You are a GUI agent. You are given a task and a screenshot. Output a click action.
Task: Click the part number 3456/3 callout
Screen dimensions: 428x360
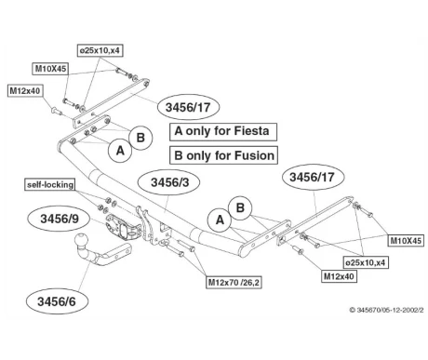pos(169,182)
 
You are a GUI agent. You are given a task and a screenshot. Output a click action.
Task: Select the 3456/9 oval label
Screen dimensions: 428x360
pos(59,219)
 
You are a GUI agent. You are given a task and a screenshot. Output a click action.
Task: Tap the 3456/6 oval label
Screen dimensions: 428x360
pos(57,301)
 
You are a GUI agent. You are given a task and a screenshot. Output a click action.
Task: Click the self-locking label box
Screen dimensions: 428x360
pos(50,185)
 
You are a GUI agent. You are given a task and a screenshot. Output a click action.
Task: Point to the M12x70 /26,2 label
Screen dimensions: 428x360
pos(234,283)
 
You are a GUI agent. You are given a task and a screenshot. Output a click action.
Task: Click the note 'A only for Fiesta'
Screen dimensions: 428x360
pos(222,131)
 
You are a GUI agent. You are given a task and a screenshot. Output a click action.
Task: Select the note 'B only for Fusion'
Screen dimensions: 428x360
pos(223,155)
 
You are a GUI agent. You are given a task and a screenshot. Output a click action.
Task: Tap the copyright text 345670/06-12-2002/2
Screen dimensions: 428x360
pos(386,310)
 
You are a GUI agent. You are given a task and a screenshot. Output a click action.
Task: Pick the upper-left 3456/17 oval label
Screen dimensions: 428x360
pos(188,107)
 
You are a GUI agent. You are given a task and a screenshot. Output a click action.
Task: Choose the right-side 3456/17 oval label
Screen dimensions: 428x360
pos(313,177)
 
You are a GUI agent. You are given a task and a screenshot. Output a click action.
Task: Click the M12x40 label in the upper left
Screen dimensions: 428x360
pos(25,91)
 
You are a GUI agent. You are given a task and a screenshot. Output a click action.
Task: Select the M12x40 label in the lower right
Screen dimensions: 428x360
pos(339,276)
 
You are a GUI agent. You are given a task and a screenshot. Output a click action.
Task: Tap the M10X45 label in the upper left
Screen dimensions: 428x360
pos(50,69)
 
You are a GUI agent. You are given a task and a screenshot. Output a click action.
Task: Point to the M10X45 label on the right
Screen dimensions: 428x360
pos(406,240)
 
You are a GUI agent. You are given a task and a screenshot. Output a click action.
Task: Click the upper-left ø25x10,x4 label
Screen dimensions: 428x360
pos(100,50)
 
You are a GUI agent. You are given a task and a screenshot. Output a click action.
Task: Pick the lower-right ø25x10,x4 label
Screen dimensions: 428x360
pos(366,262)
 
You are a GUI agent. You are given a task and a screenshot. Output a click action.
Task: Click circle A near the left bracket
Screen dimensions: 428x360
pos(120,151)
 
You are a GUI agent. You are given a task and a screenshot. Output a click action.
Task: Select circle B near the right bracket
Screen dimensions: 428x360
pos(240,207)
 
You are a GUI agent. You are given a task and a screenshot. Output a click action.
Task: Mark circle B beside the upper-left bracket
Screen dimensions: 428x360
pos(140,138)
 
